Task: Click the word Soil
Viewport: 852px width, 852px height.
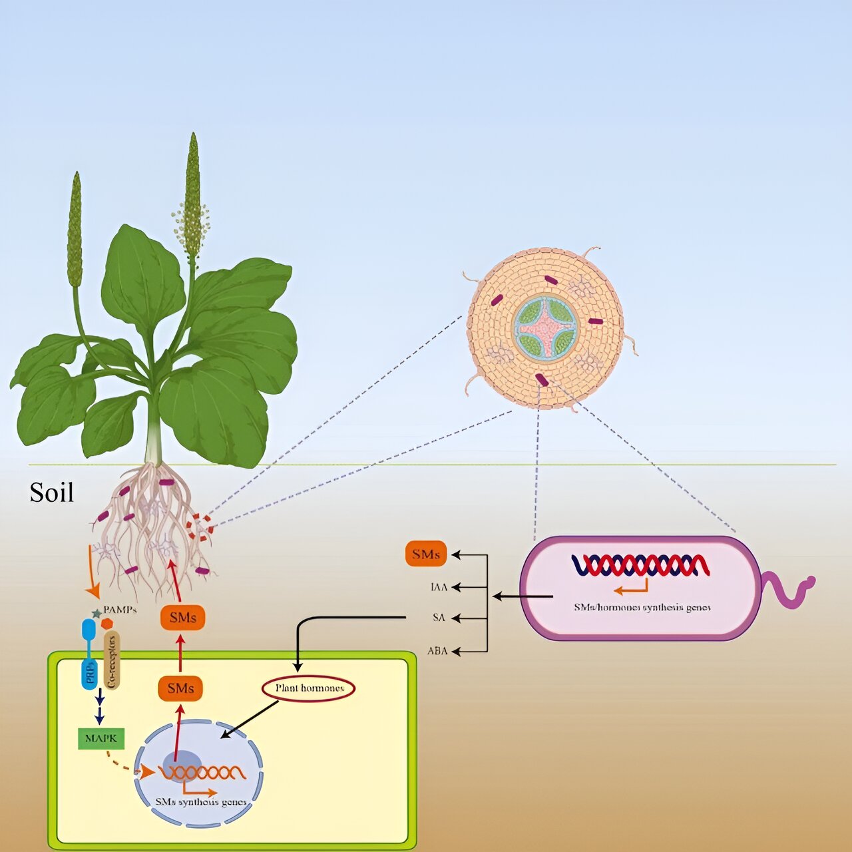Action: coord(51,493)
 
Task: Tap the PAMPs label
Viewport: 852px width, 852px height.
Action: coord(120,609)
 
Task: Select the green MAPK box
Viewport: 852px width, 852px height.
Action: coord(101,738)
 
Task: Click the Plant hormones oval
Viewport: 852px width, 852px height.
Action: coord(308,688)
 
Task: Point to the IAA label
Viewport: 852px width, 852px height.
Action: coord(439,587)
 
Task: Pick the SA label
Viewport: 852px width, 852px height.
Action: coord(439,618)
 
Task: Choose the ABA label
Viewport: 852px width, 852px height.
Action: coord(437,650)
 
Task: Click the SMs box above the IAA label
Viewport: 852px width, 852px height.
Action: coord(426,554)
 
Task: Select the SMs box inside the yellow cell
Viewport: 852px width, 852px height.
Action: coord(180,688)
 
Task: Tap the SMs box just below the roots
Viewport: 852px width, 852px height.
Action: coord(182,618)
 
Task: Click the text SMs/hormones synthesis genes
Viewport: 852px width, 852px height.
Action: coord(642,607)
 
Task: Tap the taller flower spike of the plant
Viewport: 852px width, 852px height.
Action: coord(193,193)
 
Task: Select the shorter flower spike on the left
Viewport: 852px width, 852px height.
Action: coord(75,230)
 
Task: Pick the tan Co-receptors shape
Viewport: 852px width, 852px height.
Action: coord(112,660)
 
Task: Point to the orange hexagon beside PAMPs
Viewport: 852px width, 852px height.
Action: coord(106,623)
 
